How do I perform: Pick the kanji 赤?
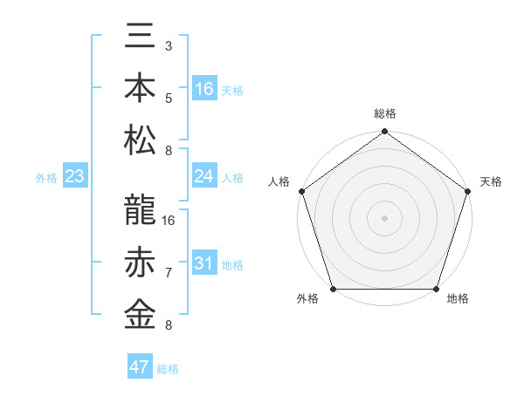(x=140, y=263)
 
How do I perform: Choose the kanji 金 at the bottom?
(x=140, y=314)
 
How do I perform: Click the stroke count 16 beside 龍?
(x=169, y=221)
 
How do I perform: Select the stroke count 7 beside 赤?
(x=168, y=273)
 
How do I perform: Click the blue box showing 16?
(x=203, y=89)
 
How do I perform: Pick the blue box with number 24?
(x=203, y=176)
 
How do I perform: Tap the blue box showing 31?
(x=203, y=264)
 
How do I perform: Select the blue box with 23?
(x=75, y=177)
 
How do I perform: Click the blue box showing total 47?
(x=140, y=367)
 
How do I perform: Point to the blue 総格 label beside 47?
(x=168, y=369)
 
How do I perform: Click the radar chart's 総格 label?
(x=385, y=113)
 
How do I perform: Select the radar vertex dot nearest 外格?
(x=333, y=289)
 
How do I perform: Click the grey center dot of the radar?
(x=385, y=217)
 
